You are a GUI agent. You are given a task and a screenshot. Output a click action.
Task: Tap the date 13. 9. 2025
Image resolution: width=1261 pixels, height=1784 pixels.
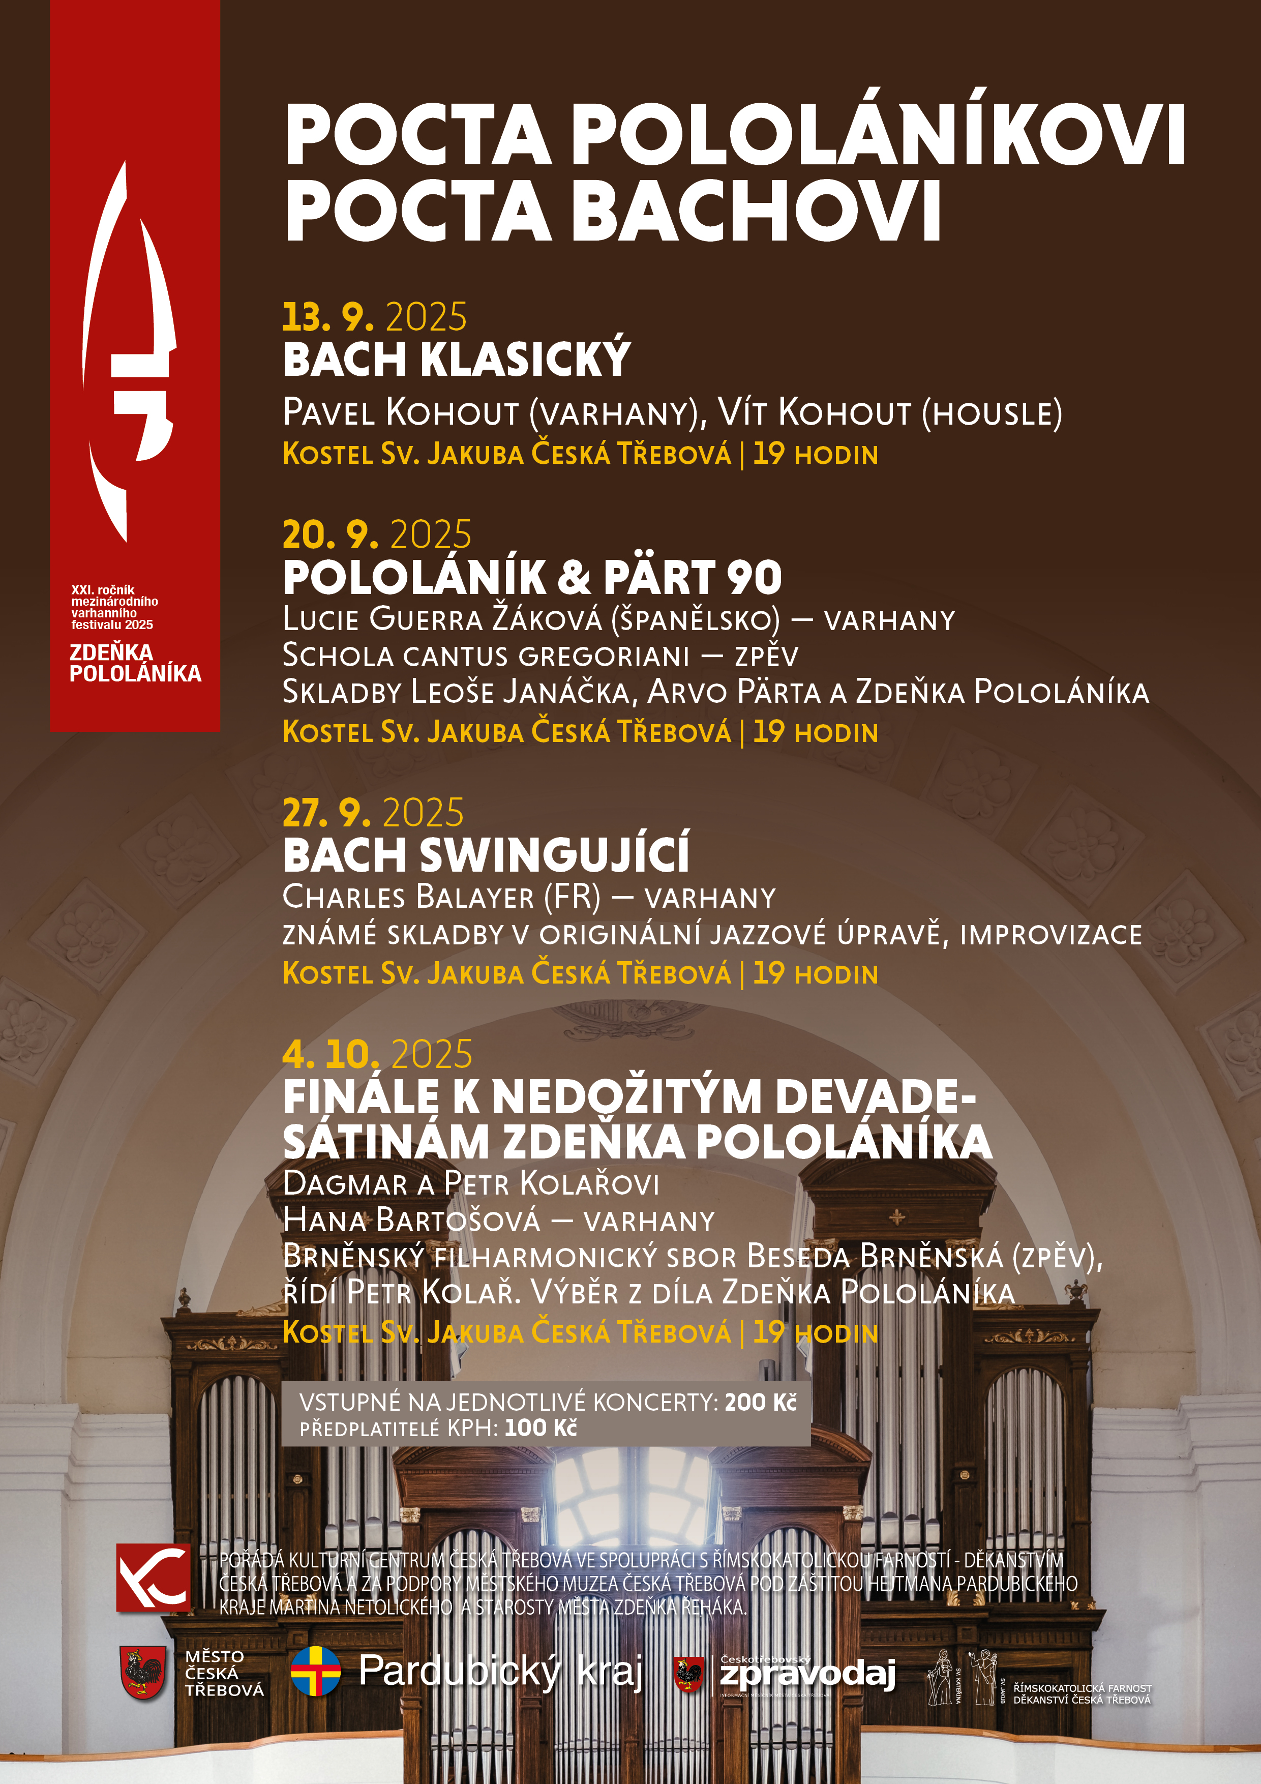[x=375, y=317]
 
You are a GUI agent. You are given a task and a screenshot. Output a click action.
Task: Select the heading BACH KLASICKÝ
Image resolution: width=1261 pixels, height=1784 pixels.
[x=456, y=359]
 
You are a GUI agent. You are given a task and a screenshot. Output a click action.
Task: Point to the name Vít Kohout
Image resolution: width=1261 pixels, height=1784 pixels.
[x=813, y=412]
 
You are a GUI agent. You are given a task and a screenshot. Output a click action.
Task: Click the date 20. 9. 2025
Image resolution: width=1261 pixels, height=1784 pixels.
[x=377, y=534]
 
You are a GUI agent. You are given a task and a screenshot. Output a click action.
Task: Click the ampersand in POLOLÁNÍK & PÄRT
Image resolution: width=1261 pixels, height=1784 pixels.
[x=575, y=577]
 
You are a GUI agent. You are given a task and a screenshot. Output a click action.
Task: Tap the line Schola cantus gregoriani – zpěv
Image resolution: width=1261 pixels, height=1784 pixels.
[x=540, y=655]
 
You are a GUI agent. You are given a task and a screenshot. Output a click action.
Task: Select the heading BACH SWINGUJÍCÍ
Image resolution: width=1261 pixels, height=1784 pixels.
[x=486, y=855]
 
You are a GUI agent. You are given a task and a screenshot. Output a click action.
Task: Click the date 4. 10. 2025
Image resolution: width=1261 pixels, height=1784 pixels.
[x=377, y=1054]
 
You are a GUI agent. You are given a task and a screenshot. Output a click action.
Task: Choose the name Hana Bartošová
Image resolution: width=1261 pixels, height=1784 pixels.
[x=412, y=1220]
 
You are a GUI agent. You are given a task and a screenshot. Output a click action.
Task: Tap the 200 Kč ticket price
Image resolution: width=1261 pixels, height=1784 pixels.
[x=761, y=1402]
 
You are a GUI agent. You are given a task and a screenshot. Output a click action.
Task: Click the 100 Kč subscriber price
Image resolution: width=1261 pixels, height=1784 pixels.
[x=541, y=1428]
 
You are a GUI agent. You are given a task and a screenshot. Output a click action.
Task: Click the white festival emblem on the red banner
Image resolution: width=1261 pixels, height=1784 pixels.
[x=129, y=350]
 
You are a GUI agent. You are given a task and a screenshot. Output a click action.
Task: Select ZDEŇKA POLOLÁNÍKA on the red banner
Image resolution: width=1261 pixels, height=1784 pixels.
[x=135, y=663]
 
